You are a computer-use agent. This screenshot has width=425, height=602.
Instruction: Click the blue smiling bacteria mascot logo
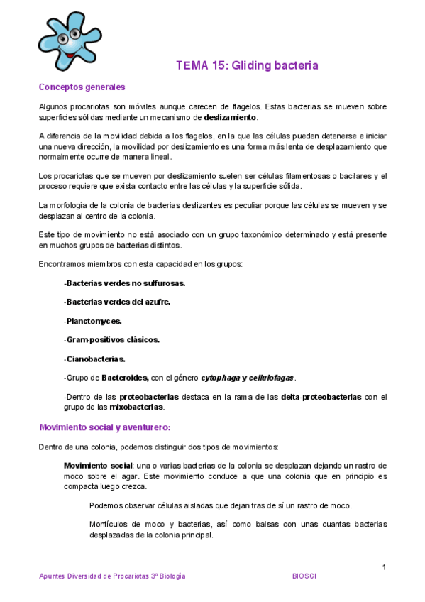coord(68,40)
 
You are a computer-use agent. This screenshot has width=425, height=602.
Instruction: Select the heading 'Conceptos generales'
coord(82,87)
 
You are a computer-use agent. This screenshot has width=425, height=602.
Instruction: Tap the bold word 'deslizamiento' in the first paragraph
coord(231,117)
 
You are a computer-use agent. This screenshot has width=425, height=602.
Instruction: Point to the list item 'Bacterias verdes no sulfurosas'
coord(125,283)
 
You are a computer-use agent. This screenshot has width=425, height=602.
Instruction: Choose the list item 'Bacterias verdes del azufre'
coord(118,302)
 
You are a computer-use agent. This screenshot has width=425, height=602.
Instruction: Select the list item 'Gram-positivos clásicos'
coord(112,339)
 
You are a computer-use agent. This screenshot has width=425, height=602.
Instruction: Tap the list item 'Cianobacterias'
coord(95,359)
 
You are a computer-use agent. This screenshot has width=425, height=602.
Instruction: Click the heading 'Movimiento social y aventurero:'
coord(105,427)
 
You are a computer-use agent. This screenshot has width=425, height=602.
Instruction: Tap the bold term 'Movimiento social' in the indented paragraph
coord(94,465)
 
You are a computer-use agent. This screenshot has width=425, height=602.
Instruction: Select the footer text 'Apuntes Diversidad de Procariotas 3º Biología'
coord(112,576)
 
